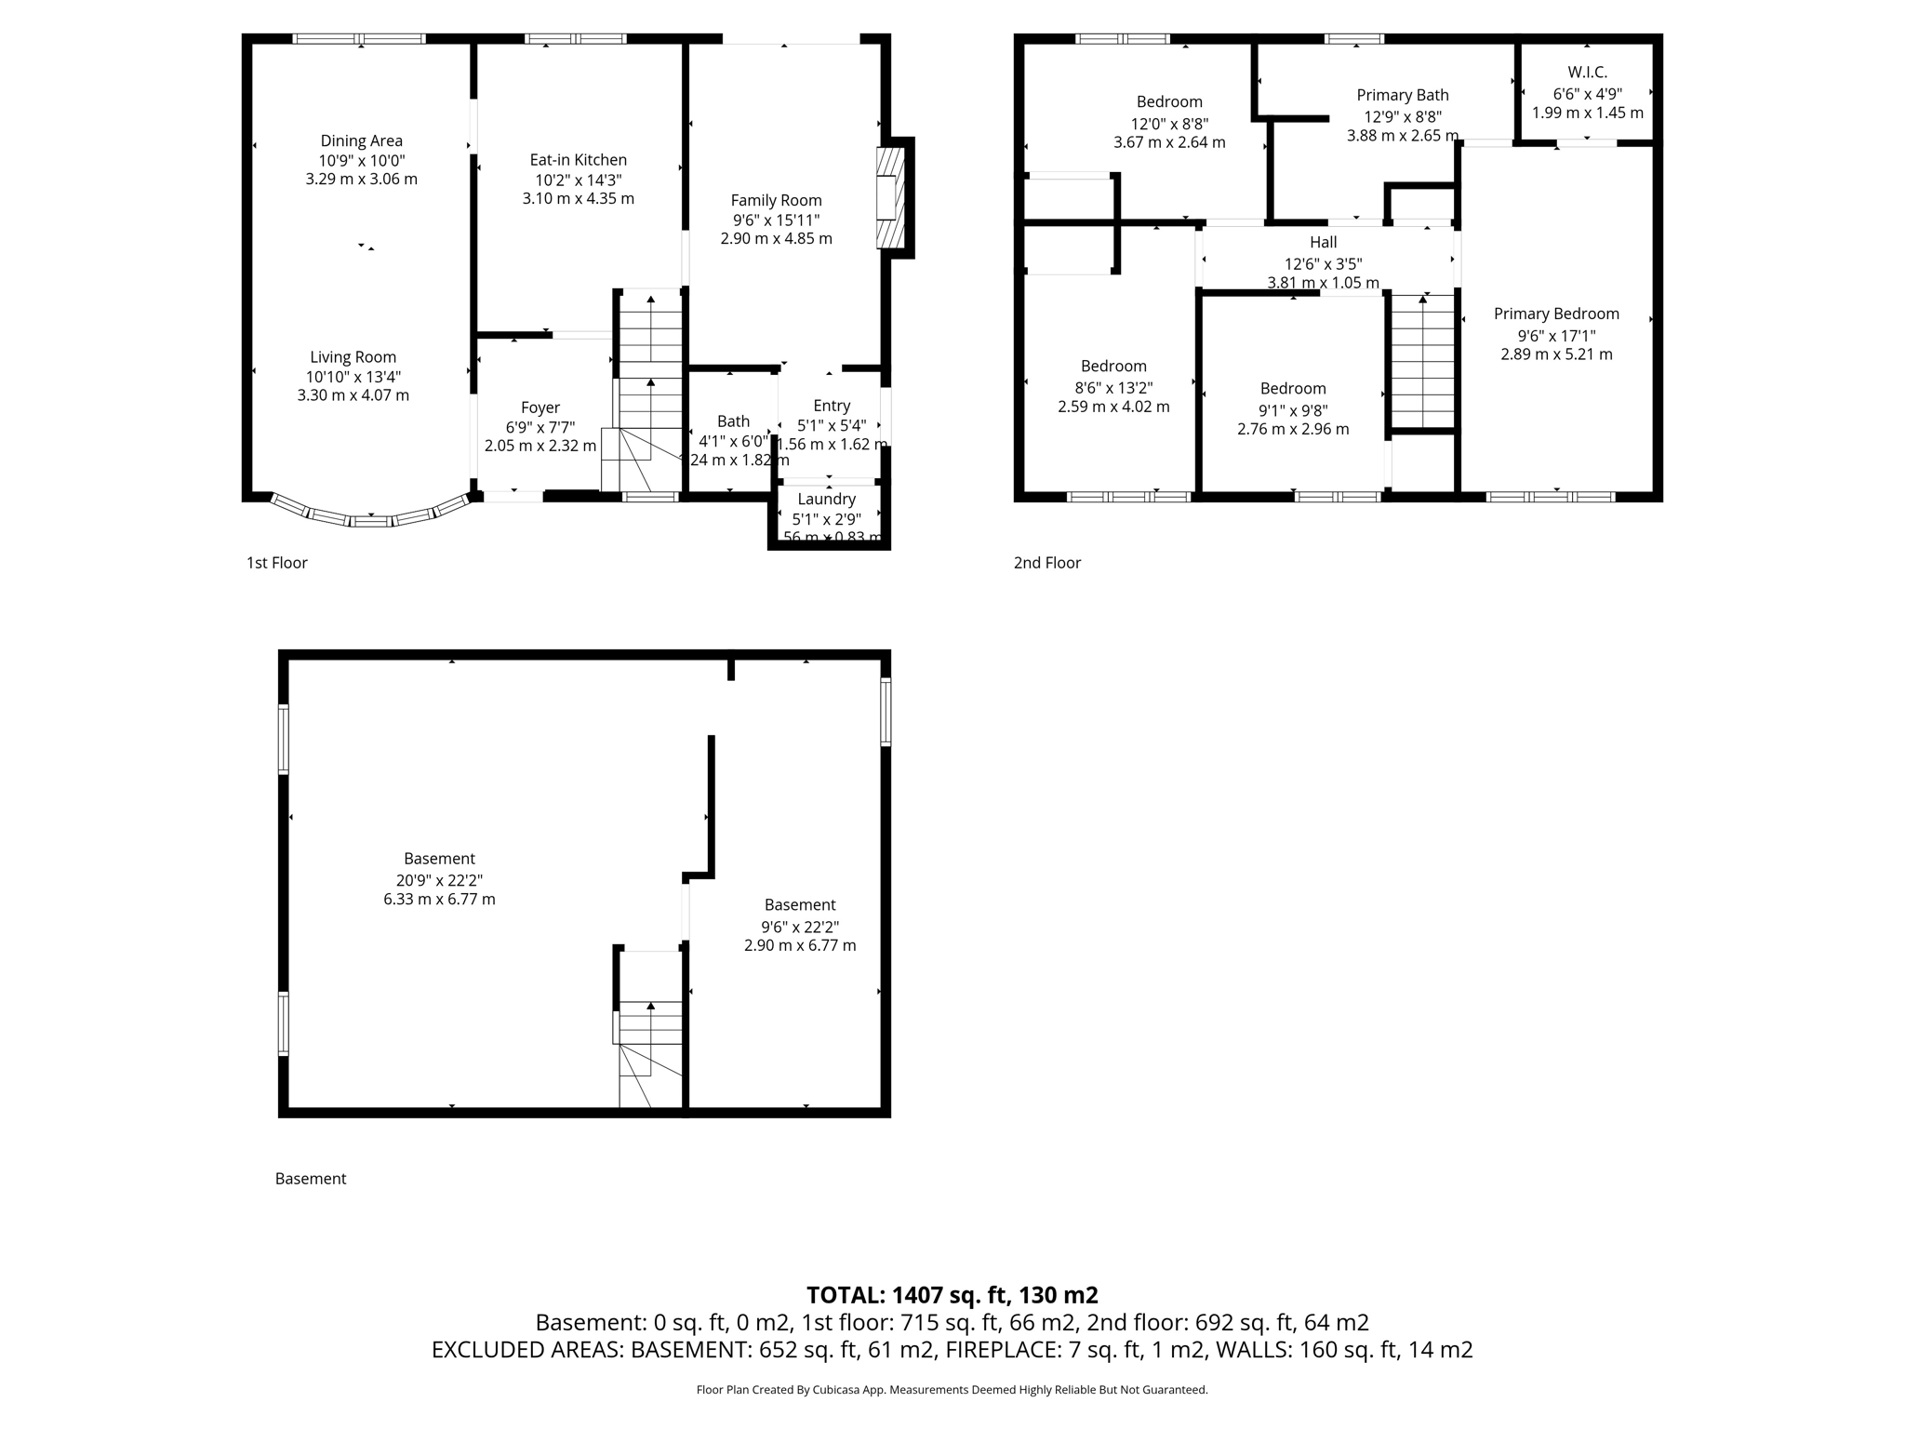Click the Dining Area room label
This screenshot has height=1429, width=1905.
[x=361, y=140]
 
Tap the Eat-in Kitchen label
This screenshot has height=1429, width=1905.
[x=578, y=160]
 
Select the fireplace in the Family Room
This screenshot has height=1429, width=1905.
[x=890, y=197]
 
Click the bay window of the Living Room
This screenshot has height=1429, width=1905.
[x=371, y=514]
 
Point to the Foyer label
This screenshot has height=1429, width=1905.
[x=540, y=407]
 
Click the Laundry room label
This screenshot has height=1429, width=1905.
[x=826, y=499]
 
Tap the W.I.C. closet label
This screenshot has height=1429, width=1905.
[x=1587, y=73]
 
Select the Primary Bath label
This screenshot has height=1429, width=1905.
[x=1402, y=95]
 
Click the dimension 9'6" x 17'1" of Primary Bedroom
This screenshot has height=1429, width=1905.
[x=1556, y=335]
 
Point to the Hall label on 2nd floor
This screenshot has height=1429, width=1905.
[x=1323, y=243]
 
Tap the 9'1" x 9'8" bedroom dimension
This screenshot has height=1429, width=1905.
[x=1293, y=409]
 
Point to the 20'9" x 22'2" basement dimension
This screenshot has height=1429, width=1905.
[x=439, y=880]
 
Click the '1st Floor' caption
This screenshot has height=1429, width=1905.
[x=276, y=563]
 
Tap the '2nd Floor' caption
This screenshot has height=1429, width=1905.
[x=1047, y=563]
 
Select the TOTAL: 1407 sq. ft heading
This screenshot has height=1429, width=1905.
[x=952, y=1295]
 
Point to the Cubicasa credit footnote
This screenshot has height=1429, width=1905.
[x=952, y=1390]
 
